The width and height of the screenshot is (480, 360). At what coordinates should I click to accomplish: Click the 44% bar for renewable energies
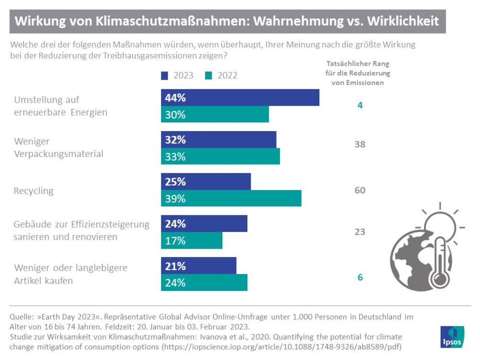240,97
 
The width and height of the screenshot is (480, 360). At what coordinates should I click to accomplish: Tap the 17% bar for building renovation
192,240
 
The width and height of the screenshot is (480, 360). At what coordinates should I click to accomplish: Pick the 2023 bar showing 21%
198,266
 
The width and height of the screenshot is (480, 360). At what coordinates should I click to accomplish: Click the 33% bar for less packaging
220,156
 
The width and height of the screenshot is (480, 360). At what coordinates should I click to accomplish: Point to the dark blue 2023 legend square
165,75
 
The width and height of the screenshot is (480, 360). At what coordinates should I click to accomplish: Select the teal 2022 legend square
208,75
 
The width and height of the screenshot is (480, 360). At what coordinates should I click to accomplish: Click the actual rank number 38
360,144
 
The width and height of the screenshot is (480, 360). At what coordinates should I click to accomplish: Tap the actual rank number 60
360,191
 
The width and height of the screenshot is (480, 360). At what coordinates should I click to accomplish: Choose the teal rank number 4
360,105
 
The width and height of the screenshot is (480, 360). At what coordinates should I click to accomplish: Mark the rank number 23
360,232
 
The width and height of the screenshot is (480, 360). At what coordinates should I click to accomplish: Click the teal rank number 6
360,277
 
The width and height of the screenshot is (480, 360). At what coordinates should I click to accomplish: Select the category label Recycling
34,191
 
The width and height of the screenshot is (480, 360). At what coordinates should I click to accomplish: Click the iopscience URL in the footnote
281,346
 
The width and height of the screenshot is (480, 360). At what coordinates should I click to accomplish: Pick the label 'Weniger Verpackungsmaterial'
59,148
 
